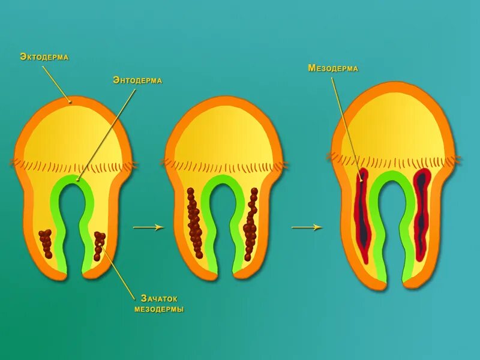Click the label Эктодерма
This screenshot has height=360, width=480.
point(44,57)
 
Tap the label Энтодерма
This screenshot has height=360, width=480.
point(137,80)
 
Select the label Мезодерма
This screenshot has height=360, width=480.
point(333,68)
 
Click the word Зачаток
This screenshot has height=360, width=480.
point(159,298)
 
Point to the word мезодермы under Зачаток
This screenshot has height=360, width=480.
point(159,310)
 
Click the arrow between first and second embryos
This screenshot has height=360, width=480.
point(148,227)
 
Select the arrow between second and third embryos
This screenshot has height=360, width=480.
point(307,227)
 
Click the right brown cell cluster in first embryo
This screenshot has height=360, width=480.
point(99,245)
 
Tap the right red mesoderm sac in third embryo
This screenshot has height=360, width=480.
point(422,216)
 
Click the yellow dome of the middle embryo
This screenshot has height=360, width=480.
point(223,135)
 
